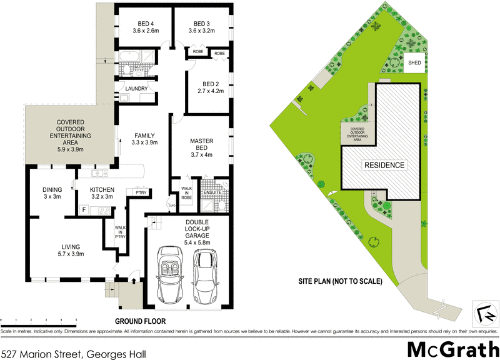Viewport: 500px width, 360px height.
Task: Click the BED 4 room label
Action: tap(144, 23)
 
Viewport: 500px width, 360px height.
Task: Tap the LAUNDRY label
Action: tap(136, 89)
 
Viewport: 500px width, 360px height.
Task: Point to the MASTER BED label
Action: tap(202, 144)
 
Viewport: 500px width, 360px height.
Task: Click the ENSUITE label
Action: tap(214, 192)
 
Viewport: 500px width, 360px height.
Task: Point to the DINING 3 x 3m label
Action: tap(52, 193)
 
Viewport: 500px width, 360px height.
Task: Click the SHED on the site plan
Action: tap(414, 63)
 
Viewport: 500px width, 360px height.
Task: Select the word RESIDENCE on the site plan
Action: tap(384, 166)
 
